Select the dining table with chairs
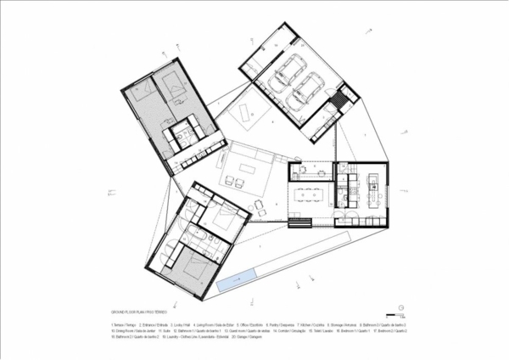[309, 194]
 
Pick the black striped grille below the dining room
[299, 222]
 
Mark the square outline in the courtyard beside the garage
[251, 111]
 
